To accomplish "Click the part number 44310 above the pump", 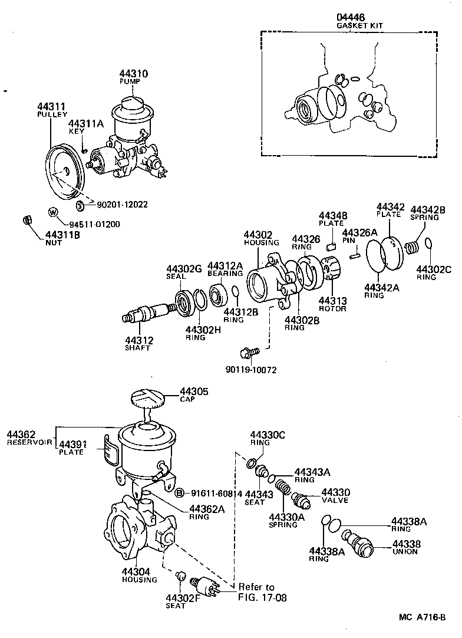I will coord(134,74).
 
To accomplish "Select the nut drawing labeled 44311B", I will coord(27,221).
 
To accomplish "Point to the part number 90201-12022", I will coord(121,205).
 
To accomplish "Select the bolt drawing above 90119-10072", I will coord(249,353).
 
